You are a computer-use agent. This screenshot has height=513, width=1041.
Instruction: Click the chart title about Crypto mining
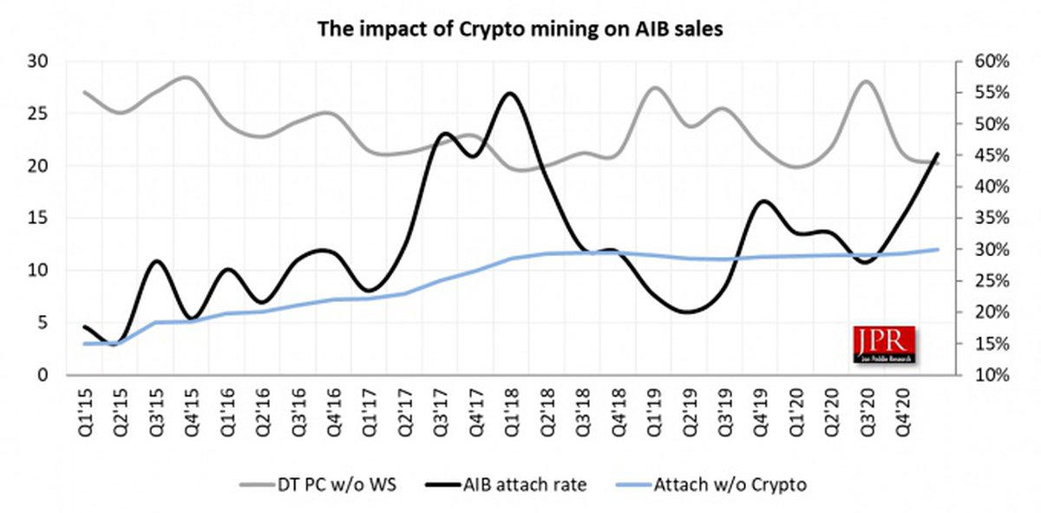[x=520, y=29]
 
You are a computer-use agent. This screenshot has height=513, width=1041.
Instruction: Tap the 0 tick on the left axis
[x=41, y=376]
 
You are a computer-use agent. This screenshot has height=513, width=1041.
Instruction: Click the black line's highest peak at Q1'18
[x=509, y=93]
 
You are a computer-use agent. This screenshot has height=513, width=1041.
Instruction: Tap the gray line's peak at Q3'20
[x=866, y=82]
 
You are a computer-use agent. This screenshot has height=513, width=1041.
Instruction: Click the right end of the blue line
[x=938, y=249]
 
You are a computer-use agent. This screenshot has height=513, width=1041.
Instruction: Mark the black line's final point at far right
[x=938, y=154]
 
